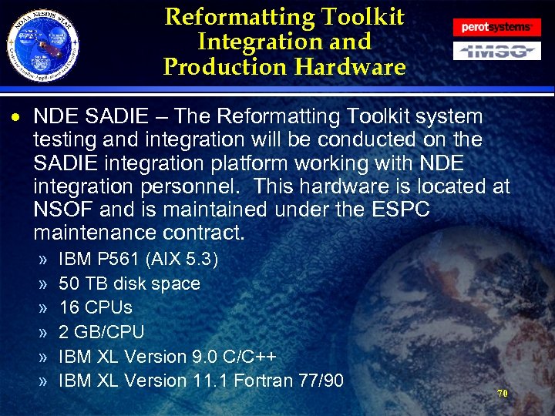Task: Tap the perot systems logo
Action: tap(496, 27)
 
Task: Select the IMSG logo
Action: tap(496, 52)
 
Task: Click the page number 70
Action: tap(502, 393)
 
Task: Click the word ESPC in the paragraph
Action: tap(396, 209)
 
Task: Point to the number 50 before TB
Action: tap(69, 283)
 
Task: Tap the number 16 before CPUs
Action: tap(69, 307)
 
